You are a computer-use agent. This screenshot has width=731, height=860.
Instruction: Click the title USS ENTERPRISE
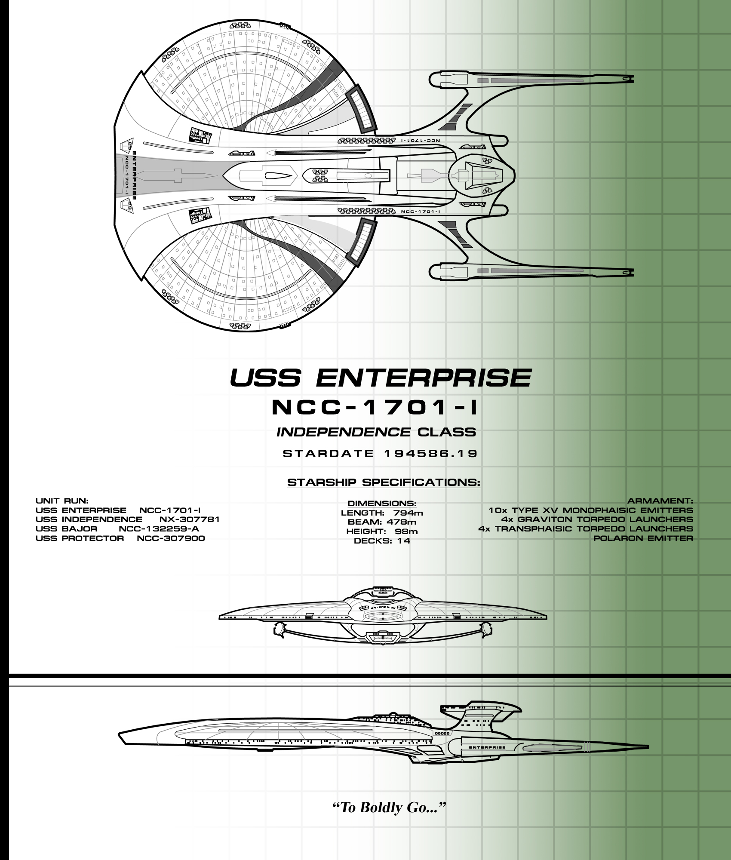point(381,378)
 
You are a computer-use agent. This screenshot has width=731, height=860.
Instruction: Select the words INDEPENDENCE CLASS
point(376,432)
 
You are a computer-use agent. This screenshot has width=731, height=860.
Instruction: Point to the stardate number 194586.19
point(430,454)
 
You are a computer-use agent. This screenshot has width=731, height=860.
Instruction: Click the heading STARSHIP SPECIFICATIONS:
point(384,482)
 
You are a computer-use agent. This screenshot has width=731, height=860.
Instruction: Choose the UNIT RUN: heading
point(62,501)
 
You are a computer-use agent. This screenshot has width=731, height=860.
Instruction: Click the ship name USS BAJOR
point(67,529)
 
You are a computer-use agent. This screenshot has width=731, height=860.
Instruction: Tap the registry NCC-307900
point(171,538)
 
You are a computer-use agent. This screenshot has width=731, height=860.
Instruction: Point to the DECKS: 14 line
point(382,541)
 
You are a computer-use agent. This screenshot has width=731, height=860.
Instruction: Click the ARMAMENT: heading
point(660,501)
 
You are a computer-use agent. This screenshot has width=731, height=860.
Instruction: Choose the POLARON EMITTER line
point(643,538)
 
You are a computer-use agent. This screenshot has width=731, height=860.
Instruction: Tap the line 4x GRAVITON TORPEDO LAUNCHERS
point(597,519)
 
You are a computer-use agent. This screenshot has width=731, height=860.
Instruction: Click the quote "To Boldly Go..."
point(389,808)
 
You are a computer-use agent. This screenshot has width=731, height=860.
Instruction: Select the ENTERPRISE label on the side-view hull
point(487,747)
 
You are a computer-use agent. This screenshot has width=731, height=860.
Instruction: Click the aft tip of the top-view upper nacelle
point(634,80)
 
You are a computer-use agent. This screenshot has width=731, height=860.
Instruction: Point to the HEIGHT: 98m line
point(382,531)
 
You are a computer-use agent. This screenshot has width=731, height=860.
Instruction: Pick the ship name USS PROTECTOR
point(80,538)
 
